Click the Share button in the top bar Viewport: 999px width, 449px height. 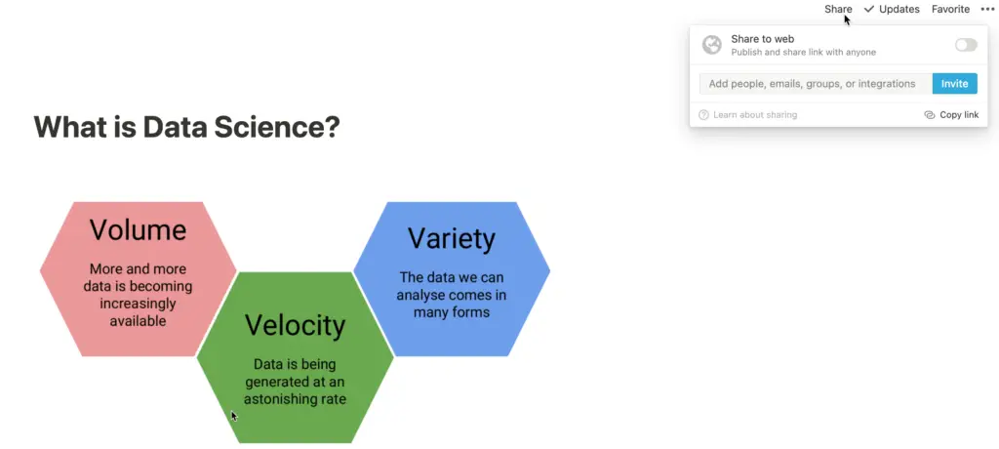click(x=838, y=9)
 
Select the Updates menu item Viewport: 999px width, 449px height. click(x=892, y=9)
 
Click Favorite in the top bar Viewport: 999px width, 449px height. click(x=950, y=9)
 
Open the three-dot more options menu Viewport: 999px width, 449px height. click(x=987, y=9)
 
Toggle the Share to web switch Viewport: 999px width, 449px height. click(x=966, y=45)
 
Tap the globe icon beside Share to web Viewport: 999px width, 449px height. click(x=711, y=45)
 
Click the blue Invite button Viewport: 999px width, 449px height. click(x=954, y=84)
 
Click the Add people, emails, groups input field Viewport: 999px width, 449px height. click(x=816, y=84)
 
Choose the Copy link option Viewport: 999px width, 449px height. click(x=951, y=115)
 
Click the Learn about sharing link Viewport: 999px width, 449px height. click(x=755, y=115)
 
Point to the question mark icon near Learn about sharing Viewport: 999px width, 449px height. click(x=703, y=115)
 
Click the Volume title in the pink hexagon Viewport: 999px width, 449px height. click(x=138, y=229)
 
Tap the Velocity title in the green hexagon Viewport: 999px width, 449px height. click(x=295, y=325)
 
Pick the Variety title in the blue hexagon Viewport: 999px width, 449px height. click(x=452, y=238)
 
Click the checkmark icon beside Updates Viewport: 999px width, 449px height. click(x=869, y=9)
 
